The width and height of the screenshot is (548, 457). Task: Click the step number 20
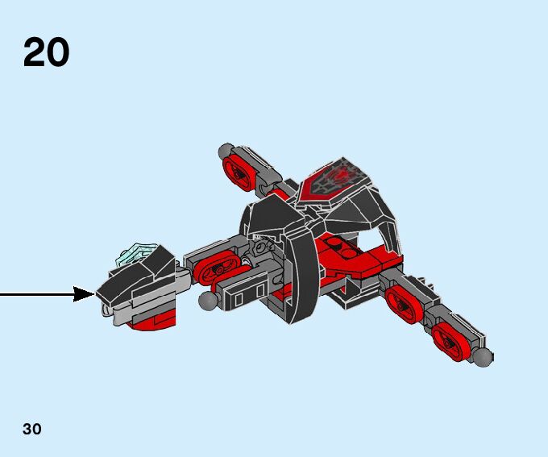point(46,52)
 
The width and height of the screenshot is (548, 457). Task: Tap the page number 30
point(32,429)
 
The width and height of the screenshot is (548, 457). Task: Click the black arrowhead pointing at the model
point(85,294)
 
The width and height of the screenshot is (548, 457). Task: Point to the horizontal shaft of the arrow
point(36,294)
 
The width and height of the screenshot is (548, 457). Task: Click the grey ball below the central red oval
point(210,301)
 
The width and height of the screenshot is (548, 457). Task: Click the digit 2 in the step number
point(35,52)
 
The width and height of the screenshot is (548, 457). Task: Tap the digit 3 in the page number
point(27,429)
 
